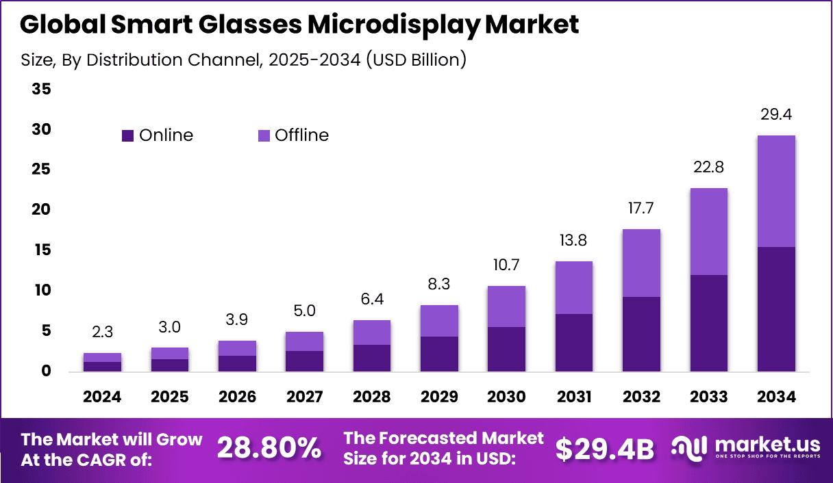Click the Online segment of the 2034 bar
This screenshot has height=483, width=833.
click(776, 309)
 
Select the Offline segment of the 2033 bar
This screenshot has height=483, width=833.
click(709, 231)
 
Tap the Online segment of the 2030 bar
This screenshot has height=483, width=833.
click(506, 349)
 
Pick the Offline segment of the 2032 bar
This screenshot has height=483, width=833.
click(642, 263)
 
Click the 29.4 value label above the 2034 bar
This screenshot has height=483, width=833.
click(776, 115)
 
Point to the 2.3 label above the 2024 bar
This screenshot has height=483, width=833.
click(103, 332)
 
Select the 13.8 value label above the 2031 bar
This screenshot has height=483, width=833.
click(573, 241)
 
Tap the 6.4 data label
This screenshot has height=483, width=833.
click(372, 300)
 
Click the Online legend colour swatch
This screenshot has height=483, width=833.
click(128, 135)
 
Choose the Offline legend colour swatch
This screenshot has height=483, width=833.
click(264, 135)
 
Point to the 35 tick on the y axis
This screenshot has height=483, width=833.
click(41, 90)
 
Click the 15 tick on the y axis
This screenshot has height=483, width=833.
click(41, 250)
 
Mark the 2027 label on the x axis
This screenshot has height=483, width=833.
click(304, 397)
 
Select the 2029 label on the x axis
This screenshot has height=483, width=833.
click(439, 397)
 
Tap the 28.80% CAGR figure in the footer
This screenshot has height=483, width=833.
click(269, 449)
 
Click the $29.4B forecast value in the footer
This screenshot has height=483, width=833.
click(604, 449)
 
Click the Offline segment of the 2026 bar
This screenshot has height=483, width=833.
click(238, 348)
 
